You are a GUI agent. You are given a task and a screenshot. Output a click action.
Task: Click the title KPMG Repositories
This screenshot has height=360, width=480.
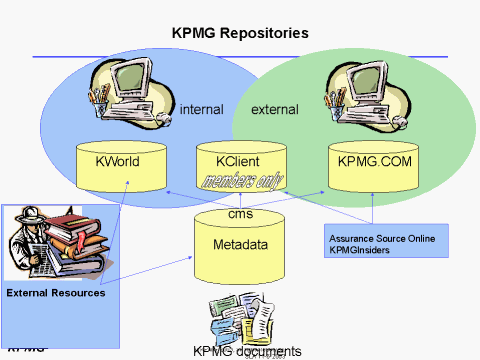[240, 33]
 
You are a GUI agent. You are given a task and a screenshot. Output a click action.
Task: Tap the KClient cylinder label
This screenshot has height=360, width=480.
[240, 160]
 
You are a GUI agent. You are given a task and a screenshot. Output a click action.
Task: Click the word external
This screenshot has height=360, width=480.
[274, 109]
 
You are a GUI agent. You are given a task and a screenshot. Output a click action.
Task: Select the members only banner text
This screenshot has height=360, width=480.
[242, 182]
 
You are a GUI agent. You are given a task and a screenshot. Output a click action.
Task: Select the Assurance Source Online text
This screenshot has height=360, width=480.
[384, 237]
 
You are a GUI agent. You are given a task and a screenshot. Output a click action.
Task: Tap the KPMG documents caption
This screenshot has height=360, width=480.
[247, 351]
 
